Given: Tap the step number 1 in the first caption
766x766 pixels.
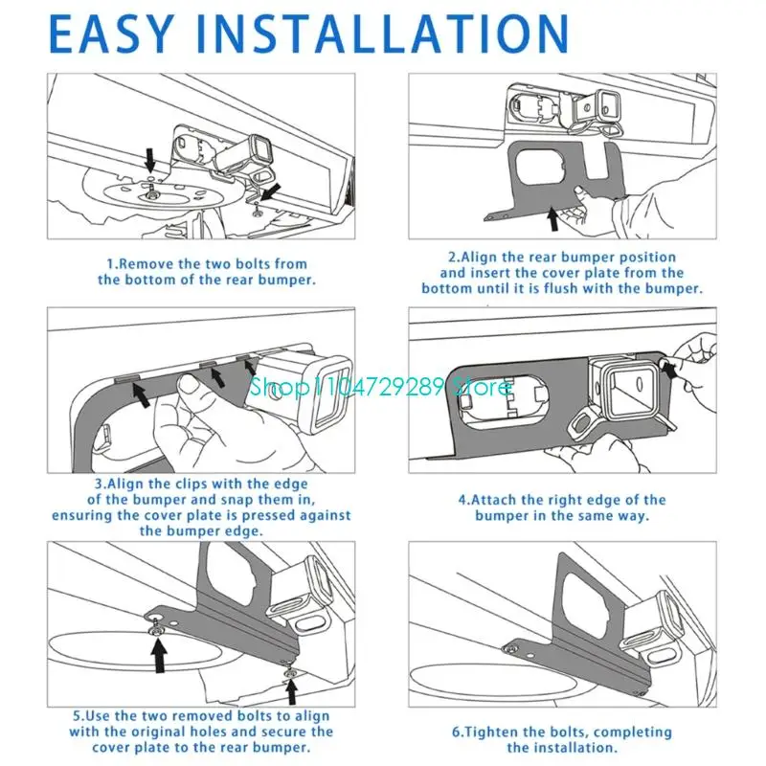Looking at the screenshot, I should [110, 263].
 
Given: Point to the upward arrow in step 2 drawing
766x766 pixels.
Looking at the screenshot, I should [552, 217].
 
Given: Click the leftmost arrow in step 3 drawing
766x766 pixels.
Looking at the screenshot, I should [141, 393].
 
